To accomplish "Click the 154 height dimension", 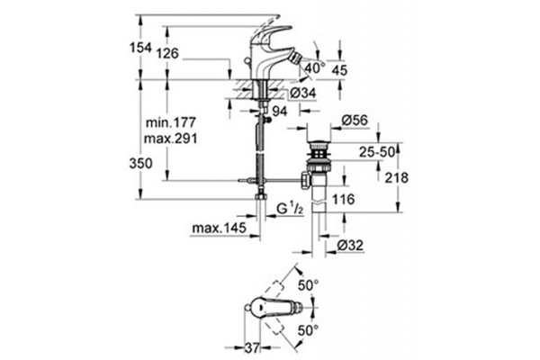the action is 140,48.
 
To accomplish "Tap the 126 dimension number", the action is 167,53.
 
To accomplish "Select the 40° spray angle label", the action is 315,67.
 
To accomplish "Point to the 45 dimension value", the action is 339,70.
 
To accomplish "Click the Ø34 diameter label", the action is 302,93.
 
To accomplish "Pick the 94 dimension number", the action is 280,112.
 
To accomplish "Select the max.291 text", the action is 171,139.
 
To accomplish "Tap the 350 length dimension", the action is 141,163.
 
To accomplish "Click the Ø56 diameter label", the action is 355,121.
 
